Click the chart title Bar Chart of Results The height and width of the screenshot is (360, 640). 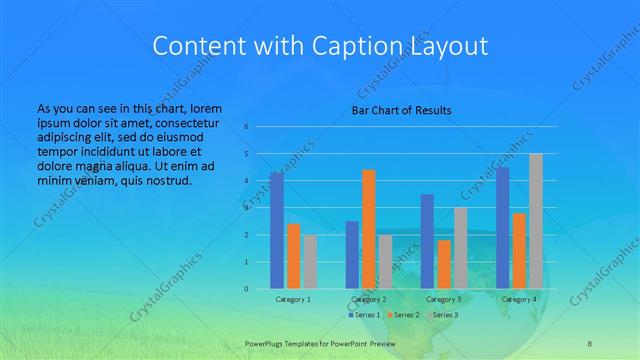[x=400, y=110]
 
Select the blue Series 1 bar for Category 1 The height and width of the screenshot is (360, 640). [x=277, y=231]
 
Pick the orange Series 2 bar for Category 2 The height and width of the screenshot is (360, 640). [x=368, y=229]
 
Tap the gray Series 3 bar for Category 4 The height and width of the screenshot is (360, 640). [x=536, y=221]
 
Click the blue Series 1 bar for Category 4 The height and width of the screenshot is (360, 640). [x=503, y=228]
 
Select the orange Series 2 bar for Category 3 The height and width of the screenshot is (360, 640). [x=444, y=264]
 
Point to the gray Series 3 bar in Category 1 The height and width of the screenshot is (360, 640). [x=310, y=262]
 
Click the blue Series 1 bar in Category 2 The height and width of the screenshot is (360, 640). [x=352, y=255]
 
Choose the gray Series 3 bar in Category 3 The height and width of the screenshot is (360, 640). [x=460, y=248]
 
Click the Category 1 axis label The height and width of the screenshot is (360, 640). [x=293, y=299]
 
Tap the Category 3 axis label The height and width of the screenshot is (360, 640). [x=444, y=299]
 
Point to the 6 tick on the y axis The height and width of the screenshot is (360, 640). [x=246, y=127]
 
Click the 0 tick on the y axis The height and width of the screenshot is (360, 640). [x=246, y=289]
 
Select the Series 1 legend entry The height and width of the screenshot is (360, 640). [x=366, y=315]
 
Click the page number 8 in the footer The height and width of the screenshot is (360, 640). [x=589, y=343]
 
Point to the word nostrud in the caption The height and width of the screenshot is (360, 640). [x=167, y=181]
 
